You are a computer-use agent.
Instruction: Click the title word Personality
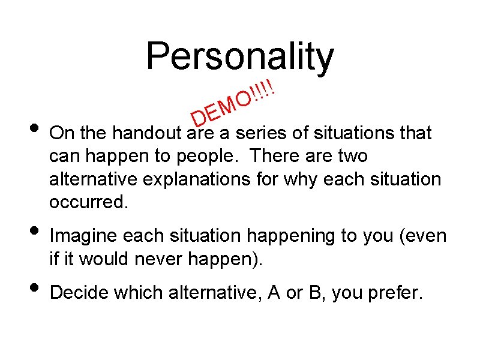(x=239, y=56)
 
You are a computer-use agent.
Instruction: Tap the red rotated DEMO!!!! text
(x=233, y=101)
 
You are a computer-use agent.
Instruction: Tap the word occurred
(x=89, y=203)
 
